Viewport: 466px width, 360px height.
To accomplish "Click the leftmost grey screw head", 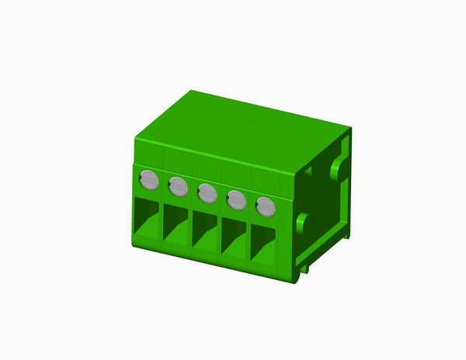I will point(149,181).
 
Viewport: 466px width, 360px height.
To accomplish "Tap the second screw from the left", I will point(178,186).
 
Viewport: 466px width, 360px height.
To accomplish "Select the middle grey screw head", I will point(207,192).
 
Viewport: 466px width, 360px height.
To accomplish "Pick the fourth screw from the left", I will point(236,200).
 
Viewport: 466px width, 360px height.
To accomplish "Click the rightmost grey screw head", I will point(266,206).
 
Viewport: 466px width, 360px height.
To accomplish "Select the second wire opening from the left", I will point(176,227).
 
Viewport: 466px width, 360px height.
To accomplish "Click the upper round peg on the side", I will point(339,169).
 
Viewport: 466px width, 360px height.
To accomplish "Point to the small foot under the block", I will point(305,268).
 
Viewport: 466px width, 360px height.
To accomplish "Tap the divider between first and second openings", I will point(162,225).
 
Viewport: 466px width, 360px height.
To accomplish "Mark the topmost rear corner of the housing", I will point(192,91).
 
